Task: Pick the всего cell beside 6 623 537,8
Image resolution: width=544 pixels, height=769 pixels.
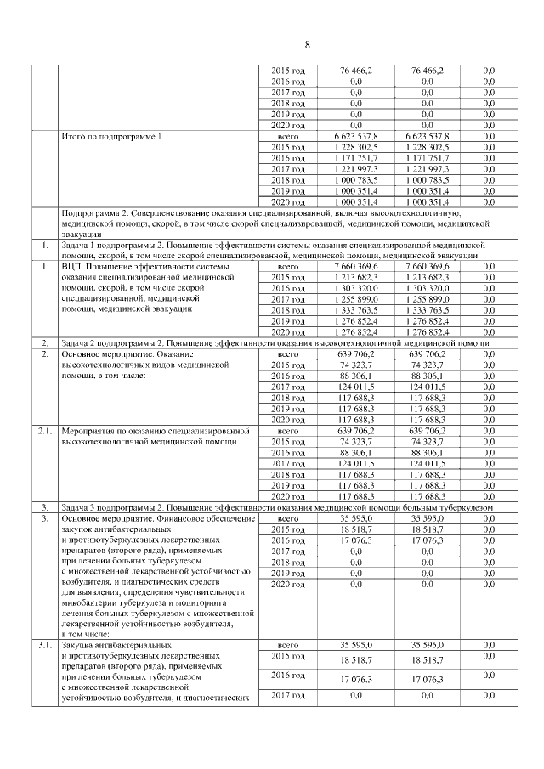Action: tap(288, 136)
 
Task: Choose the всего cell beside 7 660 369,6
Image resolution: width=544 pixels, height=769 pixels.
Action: tap(288, 267)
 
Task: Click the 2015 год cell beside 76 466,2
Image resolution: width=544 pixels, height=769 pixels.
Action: tap(288, 70)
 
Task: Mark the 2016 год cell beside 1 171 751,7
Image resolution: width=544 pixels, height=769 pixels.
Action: tap(288, 158)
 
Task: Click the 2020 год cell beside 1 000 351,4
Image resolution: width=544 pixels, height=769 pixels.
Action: tap(288, 202)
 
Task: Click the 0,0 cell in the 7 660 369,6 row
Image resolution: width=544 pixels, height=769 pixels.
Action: tap(489, 267)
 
